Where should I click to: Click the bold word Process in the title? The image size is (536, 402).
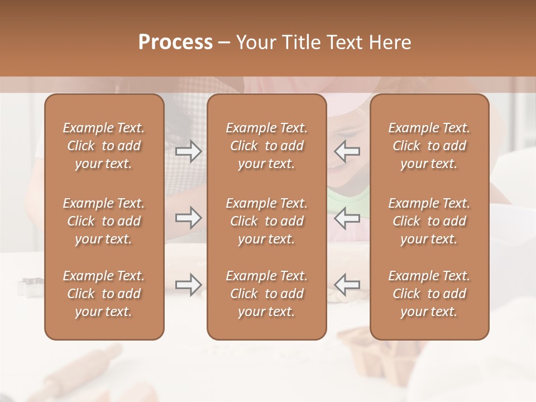pyautogui.click(x=175, y=42)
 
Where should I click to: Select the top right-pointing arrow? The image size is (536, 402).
pyautogui.click(x=188, y=151)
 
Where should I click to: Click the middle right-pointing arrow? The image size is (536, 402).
pyautogui.click(x=188, y=218)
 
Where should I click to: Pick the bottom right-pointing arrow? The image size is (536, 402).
pyautogui.click(x=188, y=285)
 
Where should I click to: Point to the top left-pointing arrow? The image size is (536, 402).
pyautogui.click(x=347, y=151)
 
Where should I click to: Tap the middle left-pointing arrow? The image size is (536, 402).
pyautogui.click(x=347, y=218)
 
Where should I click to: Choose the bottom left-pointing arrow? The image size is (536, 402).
pyautogui.click(x=347, y=285)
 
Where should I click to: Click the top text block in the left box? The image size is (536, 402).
pyautogui.click(x=104, y=146)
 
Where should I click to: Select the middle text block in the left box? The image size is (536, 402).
pyautogui.click(x=104, y=221)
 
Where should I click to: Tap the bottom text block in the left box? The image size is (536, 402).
pyautogui.click(x=104, y=294)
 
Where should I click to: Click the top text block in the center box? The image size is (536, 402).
pyautogui.click(x=266, y=146)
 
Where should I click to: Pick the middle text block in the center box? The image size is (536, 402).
pyautogui.click(x=266, y=221)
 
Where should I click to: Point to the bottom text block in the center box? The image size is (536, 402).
pyautogui.click(x=266, y=294)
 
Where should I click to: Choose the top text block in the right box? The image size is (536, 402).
pyautogui.click(x=429, y=146)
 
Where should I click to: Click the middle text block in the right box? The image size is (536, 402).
pyautogui.click(x=429, y=221)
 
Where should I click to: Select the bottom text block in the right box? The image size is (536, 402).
pyautogui.click(x=429, y=294)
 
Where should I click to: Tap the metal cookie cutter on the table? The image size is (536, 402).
pyautogui.click(x=28, y=287)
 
